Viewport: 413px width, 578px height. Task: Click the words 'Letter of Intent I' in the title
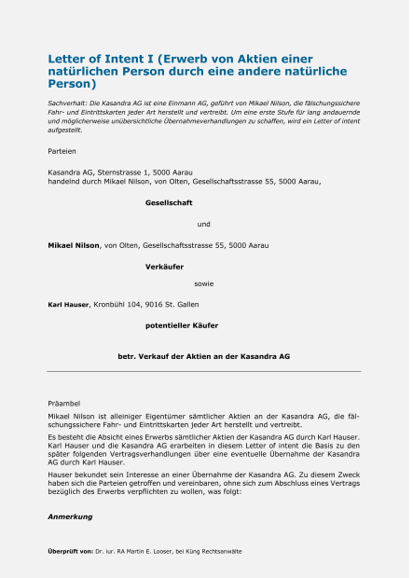pos(102,58)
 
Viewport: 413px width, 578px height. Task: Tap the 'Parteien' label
pos(62,150)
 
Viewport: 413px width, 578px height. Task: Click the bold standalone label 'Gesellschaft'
pos(169,202)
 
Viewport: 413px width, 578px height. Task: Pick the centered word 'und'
pos(204,224)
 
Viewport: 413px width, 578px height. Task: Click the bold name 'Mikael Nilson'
pos(74,245)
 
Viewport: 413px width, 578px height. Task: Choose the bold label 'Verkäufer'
pos(164,267)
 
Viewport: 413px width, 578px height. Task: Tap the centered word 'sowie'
pos(204,282)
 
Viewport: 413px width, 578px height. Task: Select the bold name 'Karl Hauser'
pos(68,304)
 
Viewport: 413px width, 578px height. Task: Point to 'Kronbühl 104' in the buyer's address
pos(116,304)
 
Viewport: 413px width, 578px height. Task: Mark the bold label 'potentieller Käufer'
pos(182,325)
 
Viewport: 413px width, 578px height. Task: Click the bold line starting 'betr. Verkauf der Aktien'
pos(203,356)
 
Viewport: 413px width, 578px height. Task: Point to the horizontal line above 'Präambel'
pos(203,371)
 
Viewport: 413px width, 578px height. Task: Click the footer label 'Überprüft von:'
pos(70,551)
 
